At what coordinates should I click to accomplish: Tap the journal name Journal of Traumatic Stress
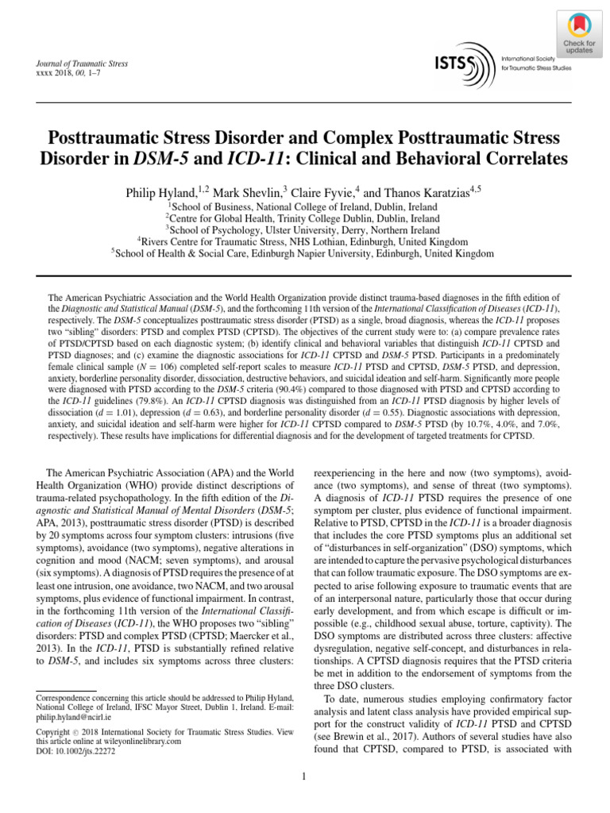[x=78, y=63]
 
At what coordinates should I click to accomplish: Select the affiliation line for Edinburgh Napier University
[x=304, y=253]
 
